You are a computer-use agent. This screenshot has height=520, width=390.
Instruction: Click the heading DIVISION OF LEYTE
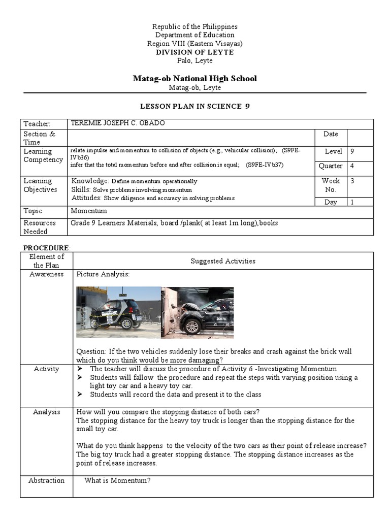(195, 52)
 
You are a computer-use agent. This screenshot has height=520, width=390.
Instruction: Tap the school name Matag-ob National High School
(195, 78)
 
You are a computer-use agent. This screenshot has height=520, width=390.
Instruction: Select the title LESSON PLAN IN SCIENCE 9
(195, 106)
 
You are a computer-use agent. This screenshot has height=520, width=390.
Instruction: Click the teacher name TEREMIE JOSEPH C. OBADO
(118, 123)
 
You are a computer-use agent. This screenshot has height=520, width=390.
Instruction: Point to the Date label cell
(330, 134)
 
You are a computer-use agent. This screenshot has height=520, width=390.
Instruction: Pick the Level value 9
(353, 151)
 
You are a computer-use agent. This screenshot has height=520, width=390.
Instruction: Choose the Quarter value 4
(353, 166)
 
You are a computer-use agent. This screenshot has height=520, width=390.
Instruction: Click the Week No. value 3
(353, 181)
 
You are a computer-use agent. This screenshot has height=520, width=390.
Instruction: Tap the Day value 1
(353, 202)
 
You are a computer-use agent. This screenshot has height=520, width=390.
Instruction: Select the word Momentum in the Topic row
(89, 211)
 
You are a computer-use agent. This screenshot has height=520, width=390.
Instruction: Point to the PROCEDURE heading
(47, 247)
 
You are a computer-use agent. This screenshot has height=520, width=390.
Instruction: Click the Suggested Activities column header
(223, 261)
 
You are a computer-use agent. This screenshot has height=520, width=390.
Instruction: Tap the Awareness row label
(46, 274)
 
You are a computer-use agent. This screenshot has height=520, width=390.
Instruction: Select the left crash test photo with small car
(118, 312)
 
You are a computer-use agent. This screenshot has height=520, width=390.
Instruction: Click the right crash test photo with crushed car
(198, 312)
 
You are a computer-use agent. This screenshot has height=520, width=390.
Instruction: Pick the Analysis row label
(46, 412)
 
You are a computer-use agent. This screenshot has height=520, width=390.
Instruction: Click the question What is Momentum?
(117, 480)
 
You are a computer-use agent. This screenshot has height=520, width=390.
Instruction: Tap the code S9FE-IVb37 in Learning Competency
(265, 165)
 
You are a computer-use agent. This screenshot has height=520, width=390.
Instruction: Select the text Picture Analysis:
(103, 274)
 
